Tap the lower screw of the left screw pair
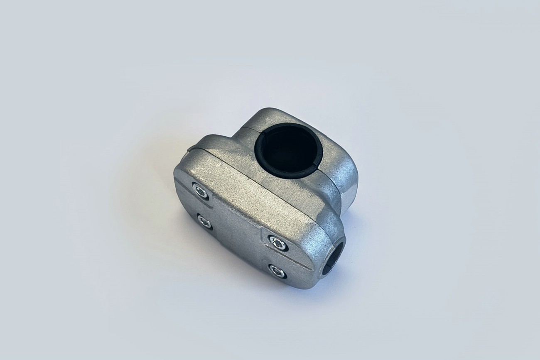(204, 221)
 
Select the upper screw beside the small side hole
(277, 242)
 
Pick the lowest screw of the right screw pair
(277, 272)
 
